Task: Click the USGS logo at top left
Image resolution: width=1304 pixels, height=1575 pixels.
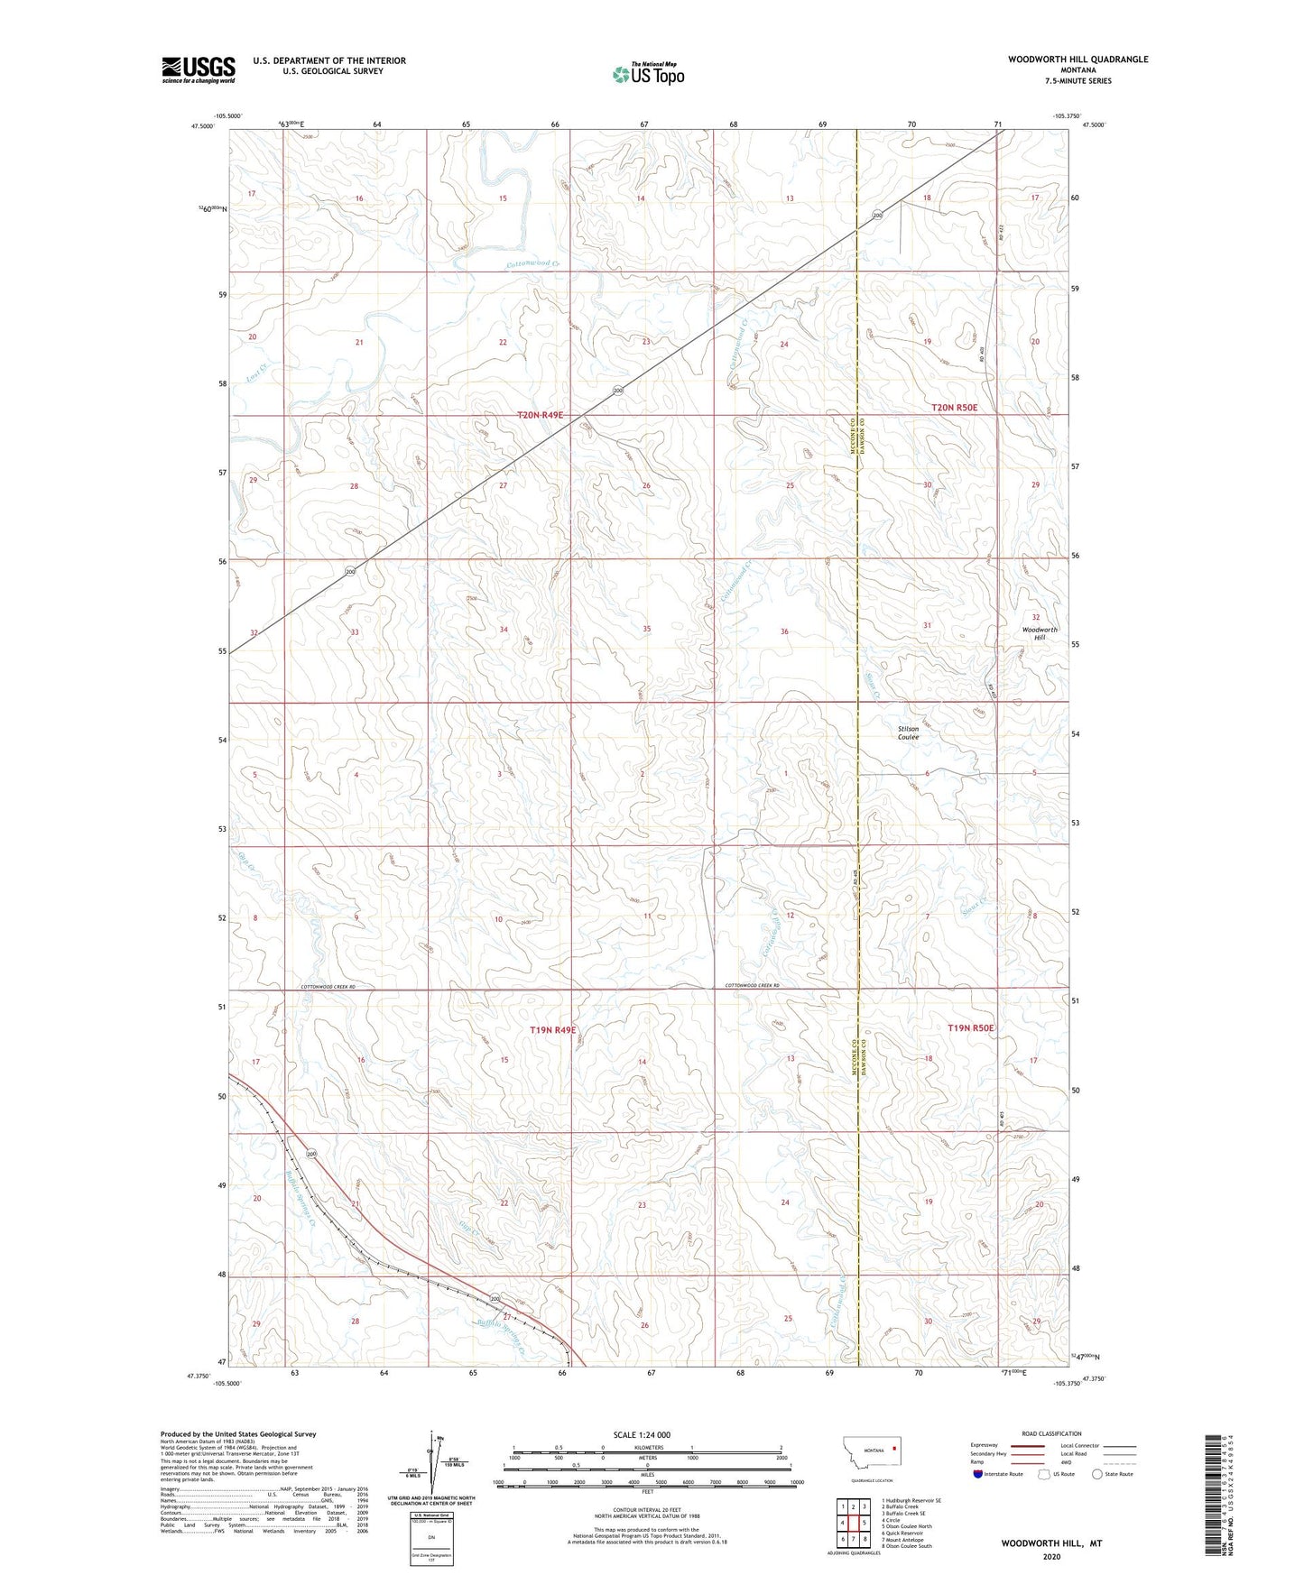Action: click(x=199, y=69)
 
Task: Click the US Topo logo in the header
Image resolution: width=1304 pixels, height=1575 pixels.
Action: click(x=648, y=74)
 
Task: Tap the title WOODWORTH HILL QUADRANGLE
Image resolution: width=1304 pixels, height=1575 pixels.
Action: click(x=1078, y=60)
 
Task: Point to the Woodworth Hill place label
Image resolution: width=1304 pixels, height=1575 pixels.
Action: click(x=1039, y=633)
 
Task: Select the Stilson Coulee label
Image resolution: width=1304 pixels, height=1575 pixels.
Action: click(x=908, y=732)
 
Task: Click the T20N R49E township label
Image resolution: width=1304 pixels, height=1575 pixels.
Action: click(x=540, y=415)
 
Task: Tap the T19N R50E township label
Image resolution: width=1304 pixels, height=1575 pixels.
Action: click(x=970, y=1028)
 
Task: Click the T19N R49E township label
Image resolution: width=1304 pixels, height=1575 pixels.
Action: click(x=552, y=1029)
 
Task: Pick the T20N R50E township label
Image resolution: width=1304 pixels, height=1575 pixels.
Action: click(x=954, y=408)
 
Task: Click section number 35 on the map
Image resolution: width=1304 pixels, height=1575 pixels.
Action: click(x=646, y=629)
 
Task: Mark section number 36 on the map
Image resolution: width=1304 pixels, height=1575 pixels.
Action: click(x=784, y=631)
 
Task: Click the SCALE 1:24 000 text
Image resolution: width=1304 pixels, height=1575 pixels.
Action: click(x=642, y=1434)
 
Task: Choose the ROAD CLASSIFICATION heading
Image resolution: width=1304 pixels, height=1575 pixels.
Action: click(x=1051, y=1433)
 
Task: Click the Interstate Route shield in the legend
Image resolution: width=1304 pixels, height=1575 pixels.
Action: click(x=979, y=1474)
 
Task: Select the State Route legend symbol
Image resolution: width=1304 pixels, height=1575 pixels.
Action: click(x=1097, y=1474)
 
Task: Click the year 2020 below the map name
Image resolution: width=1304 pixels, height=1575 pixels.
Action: click(x=1051, y=1556)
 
